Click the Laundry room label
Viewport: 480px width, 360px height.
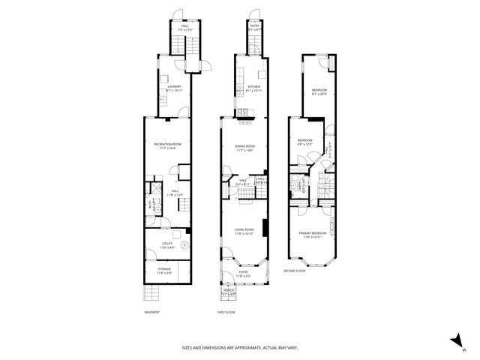175,88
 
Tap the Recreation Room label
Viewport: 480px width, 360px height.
167,145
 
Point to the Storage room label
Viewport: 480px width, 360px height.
164,270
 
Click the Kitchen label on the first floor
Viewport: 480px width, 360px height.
253,88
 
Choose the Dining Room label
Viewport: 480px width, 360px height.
245,148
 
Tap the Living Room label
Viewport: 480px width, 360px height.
244,231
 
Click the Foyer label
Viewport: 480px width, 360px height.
244,274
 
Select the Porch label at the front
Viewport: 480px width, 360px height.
228,294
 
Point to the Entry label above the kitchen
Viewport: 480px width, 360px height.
254,27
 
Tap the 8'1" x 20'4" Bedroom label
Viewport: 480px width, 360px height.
319,93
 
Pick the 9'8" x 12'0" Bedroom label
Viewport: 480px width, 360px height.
304,142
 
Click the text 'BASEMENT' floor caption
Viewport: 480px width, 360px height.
151,312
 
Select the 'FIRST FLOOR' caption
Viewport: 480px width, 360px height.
226,312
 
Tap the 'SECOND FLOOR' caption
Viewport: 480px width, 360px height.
294,271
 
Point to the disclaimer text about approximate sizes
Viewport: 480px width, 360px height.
239,347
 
